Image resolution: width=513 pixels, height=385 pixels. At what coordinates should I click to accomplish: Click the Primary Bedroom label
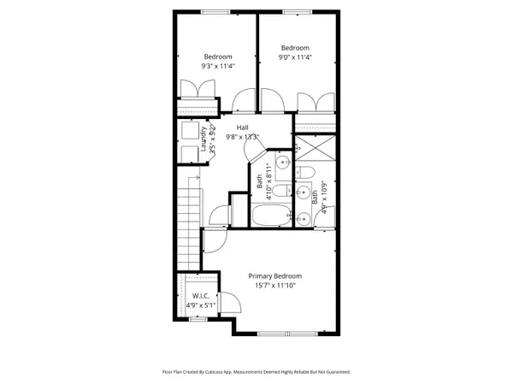pyautogui.click(x=274, y=275)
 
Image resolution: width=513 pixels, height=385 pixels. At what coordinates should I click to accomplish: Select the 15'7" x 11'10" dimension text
pyautogui.click(x=274, y=286)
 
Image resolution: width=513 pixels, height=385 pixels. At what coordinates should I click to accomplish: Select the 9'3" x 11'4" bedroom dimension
pyautogui.click(x=218, y=65)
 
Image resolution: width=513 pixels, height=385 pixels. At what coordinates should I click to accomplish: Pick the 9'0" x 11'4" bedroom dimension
pyautogui.click(x=295, y=57)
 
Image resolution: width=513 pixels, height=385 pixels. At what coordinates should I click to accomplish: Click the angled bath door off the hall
pyautogui.click(x=254, y=151)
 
